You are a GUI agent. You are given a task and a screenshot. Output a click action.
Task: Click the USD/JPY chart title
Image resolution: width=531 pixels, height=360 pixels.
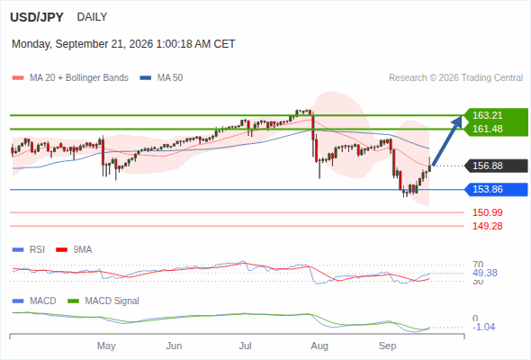(37, 17)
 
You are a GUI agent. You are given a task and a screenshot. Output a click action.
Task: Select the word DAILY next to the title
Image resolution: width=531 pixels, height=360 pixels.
(92, 17)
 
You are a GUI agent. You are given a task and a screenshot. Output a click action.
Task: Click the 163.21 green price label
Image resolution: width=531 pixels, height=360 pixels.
(487, 115)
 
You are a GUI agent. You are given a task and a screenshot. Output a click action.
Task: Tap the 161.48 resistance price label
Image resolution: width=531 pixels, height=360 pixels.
(487, 129)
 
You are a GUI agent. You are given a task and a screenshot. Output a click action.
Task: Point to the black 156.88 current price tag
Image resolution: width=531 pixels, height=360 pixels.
(487, 166)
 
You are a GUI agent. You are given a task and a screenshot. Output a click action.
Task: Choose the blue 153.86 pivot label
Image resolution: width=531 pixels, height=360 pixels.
(487, 189)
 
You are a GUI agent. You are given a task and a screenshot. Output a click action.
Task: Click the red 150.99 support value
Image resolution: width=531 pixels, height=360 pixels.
(487, 212)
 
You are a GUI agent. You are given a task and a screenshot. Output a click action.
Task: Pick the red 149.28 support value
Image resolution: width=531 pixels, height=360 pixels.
(487, 226)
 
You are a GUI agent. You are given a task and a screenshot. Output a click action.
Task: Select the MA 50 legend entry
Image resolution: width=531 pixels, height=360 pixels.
(161, 78)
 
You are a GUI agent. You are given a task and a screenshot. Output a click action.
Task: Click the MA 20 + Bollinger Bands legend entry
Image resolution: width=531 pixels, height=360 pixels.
(70, 78)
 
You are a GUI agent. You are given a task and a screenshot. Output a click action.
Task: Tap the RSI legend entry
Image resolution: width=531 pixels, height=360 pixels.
(29, 250)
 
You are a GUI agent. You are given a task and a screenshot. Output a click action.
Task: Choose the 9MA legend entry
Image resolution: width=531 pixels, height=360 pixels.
(74, 250)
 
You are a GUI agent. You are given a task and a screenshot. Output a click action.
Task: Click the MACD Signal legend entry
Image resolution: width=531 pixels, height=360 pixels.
(103, 301)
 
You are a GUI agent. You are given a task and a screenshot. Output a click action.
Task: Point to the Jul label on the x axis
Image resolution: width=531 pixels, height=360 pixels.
(245, 346)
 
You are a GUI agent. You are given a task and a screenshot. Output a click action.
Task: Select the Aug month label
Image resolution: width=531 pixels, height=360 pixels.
(319, 346)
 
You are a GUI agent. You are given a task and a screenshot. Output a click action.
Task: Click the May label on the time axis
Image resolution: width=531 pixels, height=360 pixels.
(106, 346)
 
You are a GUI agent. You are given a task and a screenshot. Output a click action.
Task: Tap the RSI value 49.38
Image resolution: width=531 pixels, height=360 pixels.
(485, 274)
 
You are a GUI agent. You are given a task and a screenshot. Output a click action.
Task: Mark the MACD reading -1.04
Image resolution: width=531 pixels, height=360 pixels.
(483, 327)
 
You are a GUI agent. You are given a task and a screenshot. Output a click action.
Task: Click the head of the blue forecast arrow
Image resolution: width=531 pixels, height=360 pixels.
(461, 117)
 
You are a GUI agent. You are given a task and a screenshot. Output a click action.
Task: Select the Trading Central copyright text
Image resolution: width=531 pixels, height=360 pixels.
(455, 78)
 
